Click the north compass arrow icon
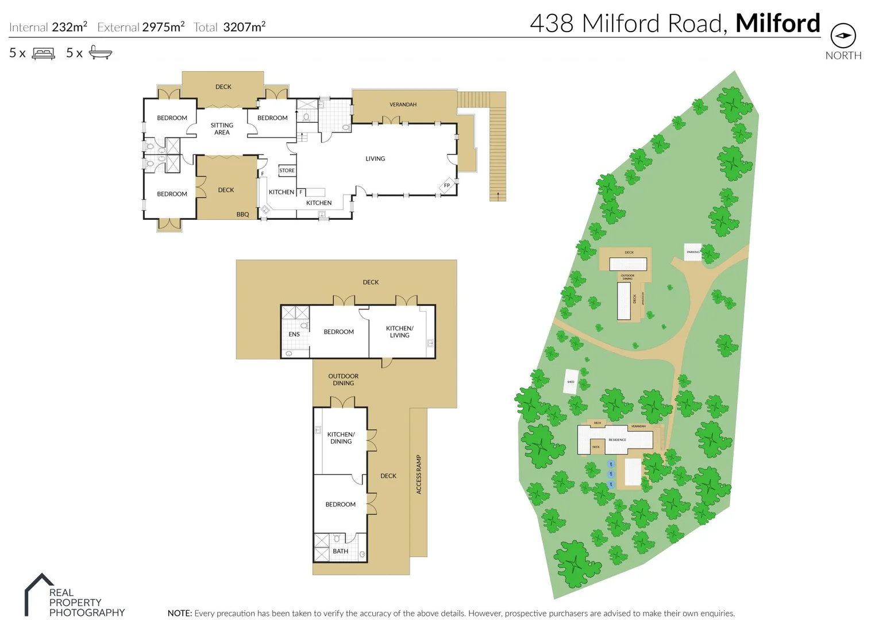843,36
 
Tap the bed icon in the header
44,53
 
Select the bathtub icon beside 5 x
101,53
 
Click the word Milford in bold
777,24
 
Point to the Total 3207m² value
244,26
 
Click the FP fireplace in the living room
447,185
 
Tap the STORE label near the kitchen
287,170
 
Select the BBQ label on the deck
242,215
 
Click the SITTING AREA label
222,129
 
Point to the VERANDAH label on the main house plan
403,104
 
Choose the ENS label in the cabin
294,334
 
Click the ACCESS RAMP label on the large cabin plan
419,474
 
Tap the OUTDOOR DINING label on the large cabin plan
344,379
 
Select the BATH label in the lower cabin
340,551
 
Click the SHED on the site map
571,382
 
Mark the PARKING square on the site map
693,252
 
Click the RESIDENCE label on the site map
617,440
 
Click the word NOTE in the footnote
179,613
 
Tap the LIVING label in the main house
375,158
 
